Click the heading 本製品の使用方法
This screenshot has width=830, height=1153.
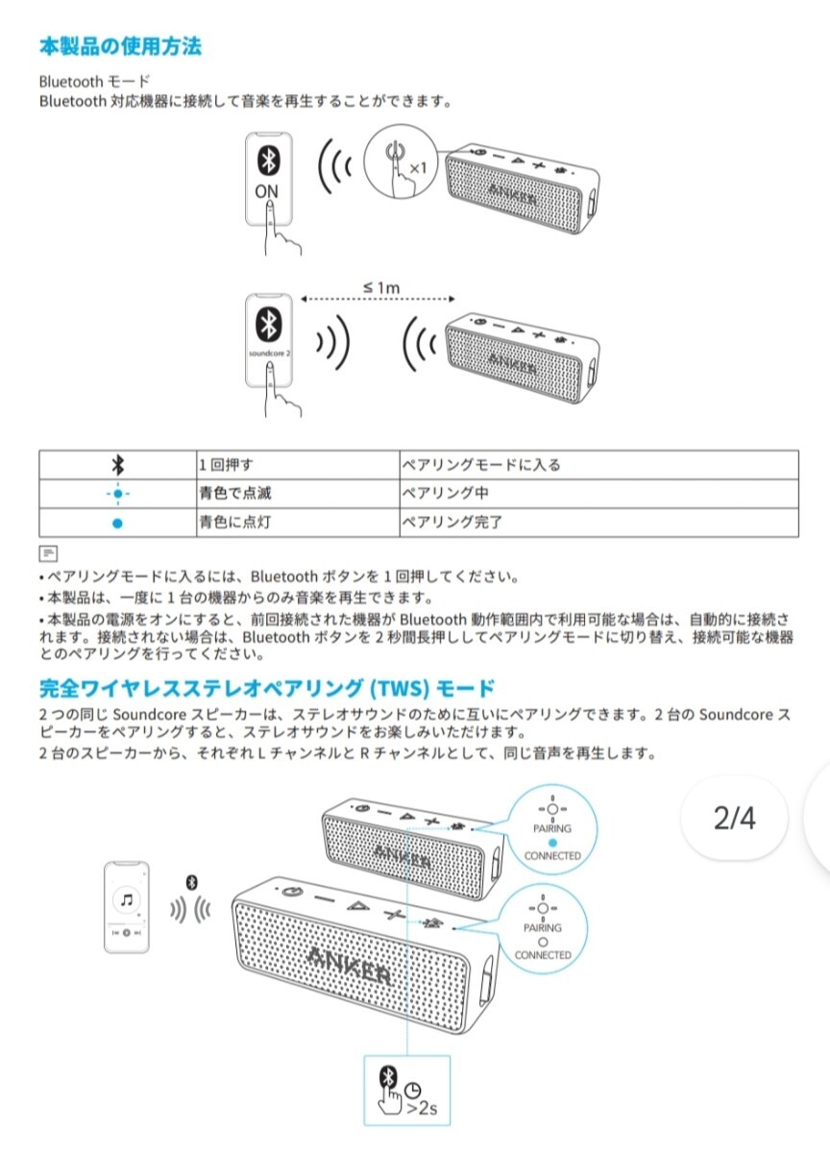click(x=120, y=45)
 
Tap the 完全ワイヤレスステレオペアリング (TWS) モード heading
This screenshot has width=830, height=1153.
click(x=267, y=688)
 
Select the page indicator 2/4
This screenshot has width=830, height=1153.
click(x=735, y=818)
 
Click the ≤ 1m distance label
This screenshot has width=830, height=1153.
click(x=381, y=286)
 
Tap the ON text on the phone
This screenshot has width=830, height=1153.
click(x=267, y=191)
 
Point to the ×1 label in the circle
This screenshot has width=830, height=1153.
click(x=417, y=168)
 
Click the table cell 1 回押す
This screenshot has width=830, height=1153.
click(x=226, y=465)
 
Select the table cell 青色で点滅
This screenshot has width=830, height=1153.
click(x=230, y=494)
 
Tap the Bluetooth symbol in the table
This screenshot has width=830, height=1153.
click(x=117, y=465)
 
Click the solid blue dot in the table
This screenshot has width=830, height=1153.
click(x=117, y=524)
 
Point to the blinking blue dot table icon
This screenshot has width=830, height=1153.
click(x=117, y=494)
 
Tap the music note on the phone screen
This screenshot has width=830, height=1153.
click(x=128, y=900)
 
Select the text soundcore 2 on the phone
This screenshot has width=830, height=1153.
click(x=268, y=355)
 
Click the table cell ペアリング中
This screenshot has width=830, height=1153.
click(x=444, y=494)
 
